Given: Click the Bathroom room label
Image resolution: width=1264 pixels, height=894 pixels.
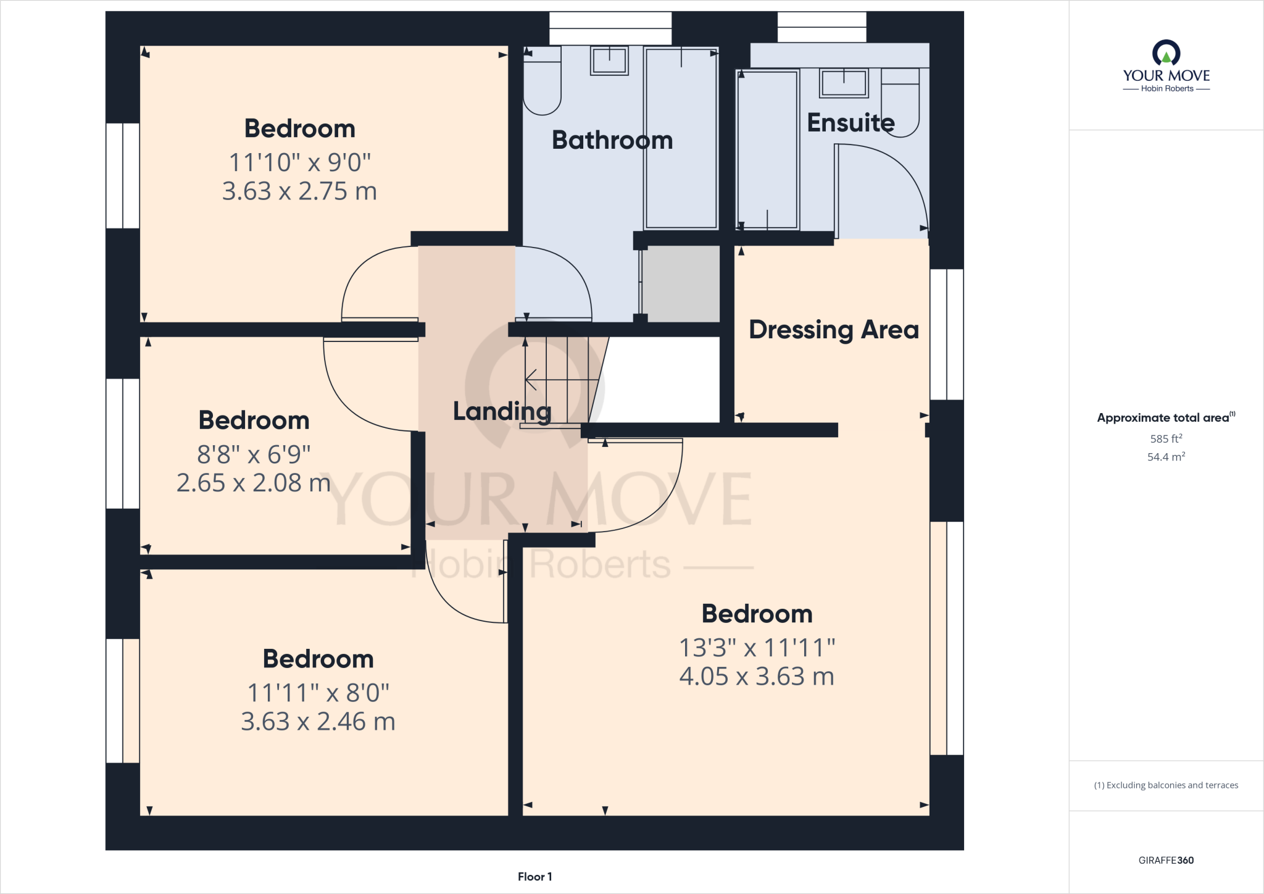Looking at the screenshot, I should (612, 140).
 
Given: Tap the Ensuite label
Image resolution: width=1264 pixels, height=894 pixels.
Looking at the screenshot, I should (850, 123).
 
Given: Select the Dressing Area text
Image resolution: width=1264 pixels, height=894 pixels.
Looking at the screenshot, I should (833, 330).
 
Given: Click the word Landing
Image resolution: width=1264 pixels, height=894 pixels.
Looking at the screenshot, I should (502, 411).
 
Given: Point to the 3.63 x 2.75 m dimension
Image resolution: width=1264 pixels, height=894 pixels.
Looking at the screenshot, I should (299, 191).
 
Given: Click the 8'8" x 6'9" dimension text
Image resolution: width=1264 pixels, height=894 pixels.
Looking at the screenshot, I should (254, 454).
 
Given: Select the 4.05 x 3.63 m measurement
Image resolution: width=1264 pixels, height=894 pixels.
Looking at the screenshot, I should (757, 677).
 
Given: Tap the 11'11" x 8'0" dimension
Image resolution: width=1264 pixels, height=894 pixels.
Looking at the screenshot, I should (318, 693).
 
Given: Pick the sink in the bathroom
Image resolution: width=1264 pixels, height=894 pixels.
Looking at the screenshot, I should (609, 61).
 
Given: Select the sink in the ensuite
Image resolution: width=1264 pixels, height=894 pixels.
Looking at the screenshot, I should (844, 83).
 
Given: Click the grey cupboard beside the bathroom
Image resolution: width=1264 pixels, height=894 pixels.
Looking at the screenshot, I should (681, 283).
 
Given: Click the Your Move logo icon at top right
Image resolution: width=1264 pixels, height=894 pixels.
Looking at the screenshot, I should (1166, 53).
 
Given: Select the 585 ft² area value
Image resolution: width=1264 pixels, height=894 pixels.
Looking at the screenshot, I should (1166, 439).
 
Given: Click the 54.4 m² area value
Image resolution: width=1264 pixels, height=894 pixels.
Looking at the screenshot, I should (1166, 457).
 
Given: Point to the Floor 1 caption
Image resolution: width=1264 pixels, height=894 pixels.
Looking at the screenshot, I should (534, 877).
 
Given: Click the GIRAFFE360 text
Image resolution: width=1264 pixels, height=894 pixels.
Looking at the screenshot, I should (1166, 860).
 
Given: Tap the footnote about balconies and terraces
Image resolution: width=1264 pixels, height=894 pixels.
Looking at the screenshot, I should (1166, 785).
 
